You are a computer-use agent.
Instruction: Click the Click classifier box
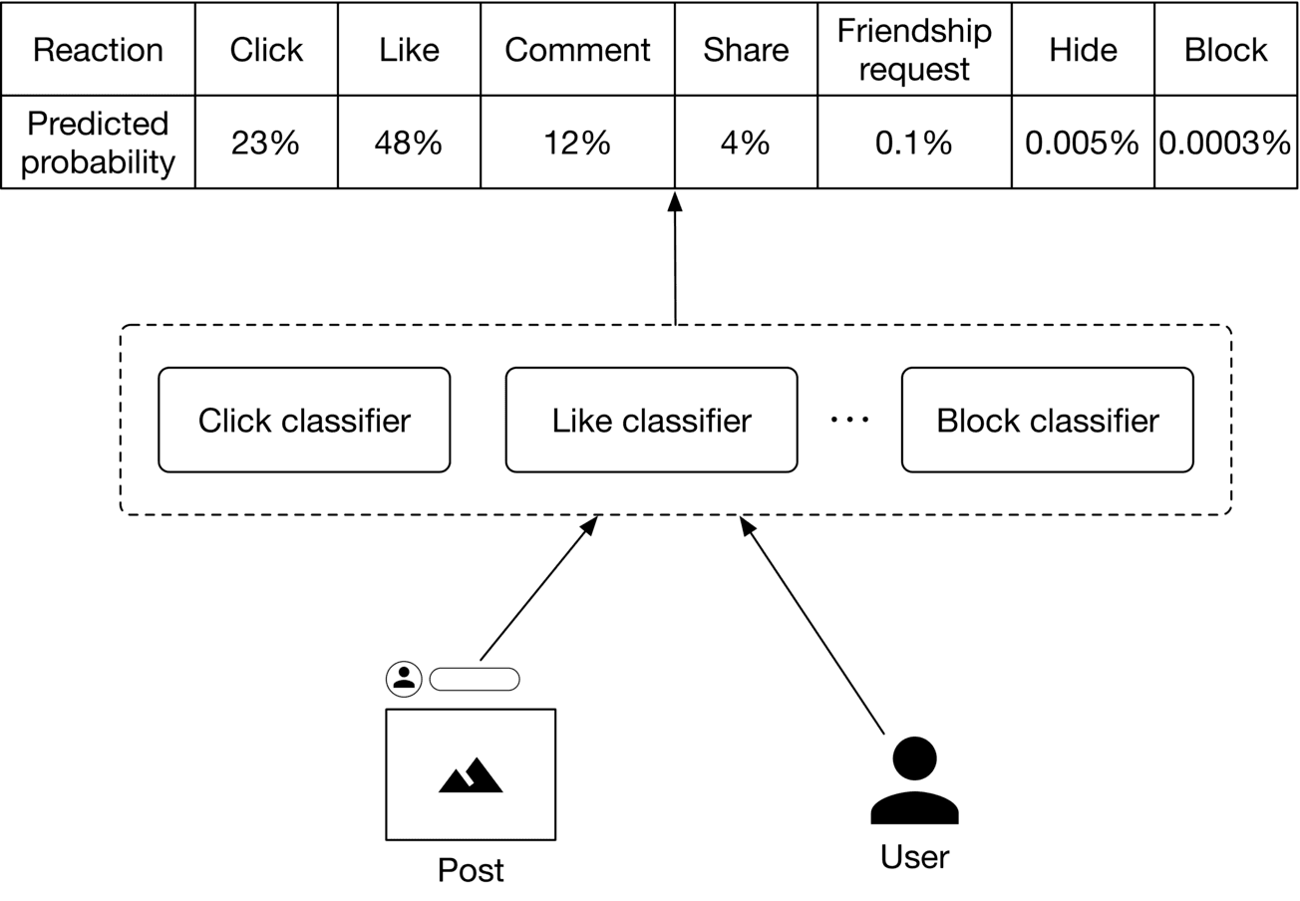304,420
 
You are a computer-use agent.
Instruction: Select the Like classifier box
651,420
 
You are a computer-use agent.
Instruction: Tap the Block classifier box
1047,420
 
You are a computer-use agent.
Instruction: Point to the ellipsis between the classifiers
849,420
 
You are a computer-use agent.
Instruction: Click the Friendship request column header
913,49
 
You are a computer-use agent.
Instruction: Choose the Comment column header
577,49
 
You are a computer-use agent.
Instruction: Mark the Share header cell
745,49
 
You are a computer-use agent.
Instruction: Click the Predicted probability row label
98,143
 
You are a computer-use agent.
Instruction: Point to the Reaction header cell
98,49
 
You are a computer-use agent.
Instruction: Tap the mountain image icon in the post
471,774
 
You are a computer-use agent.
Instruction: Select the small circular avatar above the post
404,679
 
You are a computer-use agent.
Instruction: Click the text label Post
471,870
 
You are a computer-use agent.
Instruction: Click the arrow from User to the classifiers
812,625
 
